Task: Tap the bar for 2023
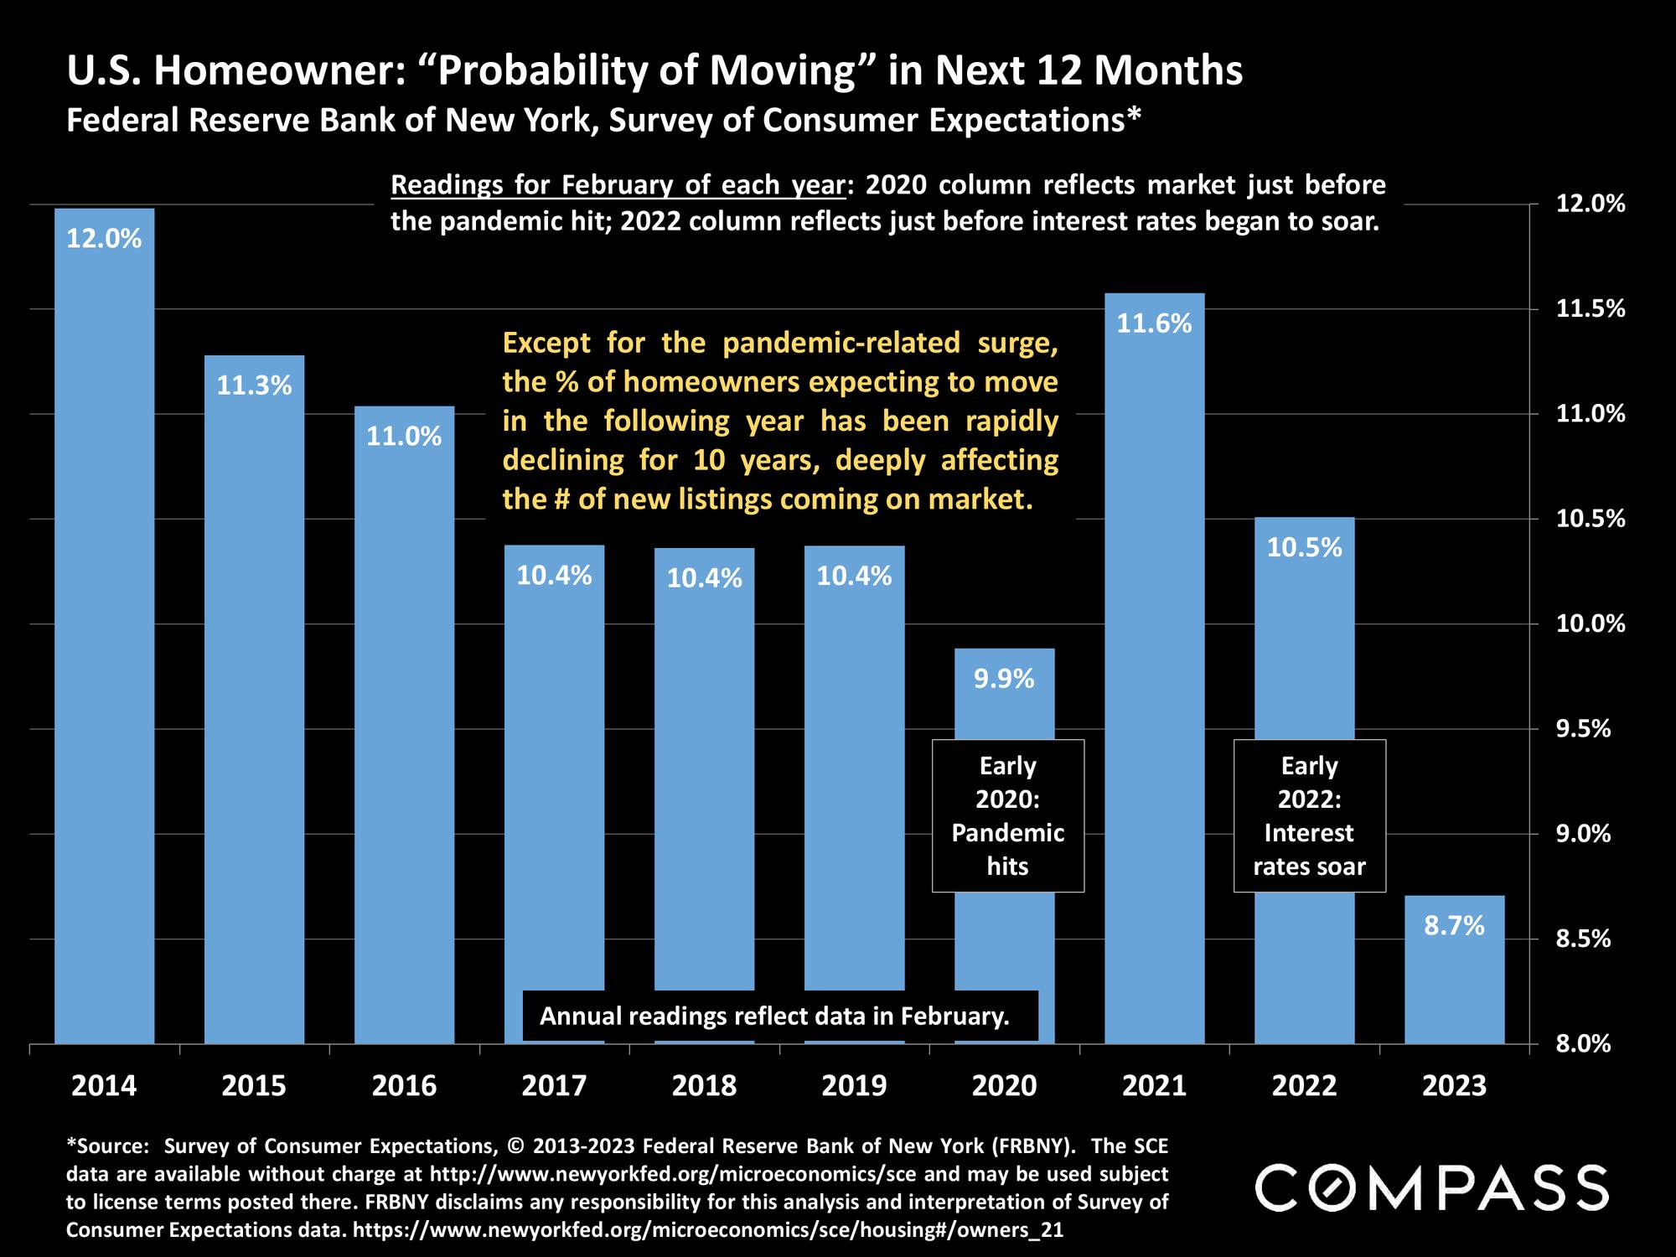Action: point(1454,980)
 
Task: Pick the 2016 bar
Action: point(404,729)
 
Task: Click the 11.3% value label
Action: point(254,385)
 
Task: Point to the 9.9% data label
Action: point(1004,679)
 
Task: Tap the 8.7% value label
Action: point(1454,926)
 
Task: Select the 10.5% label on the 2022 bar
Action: point(1304,548)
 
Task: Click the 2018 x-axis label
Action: point(704,1086)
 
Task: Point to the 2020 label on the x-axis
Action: point(1004,1086)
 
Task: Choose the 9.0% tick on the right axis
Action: point(1583,834)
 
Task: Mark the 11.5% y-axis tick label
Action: point(1590,309)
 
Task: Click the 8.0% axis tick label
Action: point(1583,1044)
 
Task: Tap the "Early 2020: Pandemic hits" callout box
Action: point(1007,815)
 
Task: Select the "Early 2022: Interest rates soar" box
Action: point(1309,815)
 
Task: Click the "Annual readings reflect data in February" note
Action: point(774,1016)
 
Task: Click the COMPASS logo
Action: point(1431,1187)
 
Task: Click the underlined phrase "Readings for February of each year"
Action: point(618,184)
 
